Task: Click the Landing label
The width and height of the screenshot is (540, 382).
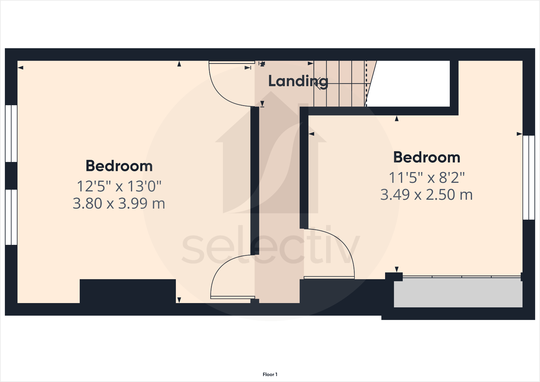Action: [x=298, y=81]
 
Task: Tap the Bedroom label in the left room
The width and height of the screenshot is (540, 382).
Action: [x=119, y=166]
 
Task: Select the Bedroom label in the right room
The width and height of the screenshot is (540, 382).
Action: [x=426, y=157]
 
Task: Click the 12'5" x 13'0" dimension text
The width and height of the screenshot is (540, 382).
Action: [x=119, y=186]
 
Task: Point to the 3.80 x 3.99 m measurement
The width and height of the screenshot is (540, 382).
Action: [x=119, y=203]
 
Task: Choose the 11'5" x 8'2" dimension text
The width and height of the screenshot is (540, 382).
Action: [x=426, y=178]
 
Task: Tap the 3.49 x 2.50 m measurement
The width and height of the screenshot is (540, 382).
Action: [x=426, y=195]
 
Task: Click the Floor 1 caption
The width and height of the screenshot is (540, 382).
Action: [x=270, y=374]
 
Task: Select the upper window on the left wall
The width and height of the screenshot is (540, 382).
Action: [x=11, y=133]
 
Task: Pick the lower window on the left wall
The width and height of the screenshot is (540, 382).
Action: [x=11, y=217]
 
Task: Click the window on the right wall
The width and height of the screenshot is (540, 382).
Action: [x=528, y=177]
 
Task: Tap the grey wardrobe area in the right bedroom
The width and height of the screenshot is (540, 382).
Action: [x=458, y=293]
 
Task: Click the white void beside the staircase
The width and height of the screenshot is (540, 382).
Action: [x=411, y=83]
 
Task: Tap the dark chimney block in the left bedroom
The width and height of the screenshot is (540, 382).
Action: [x=128, y=291]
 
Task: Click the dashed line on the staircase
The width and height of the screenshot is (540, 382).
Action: [x=366, y=83]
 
